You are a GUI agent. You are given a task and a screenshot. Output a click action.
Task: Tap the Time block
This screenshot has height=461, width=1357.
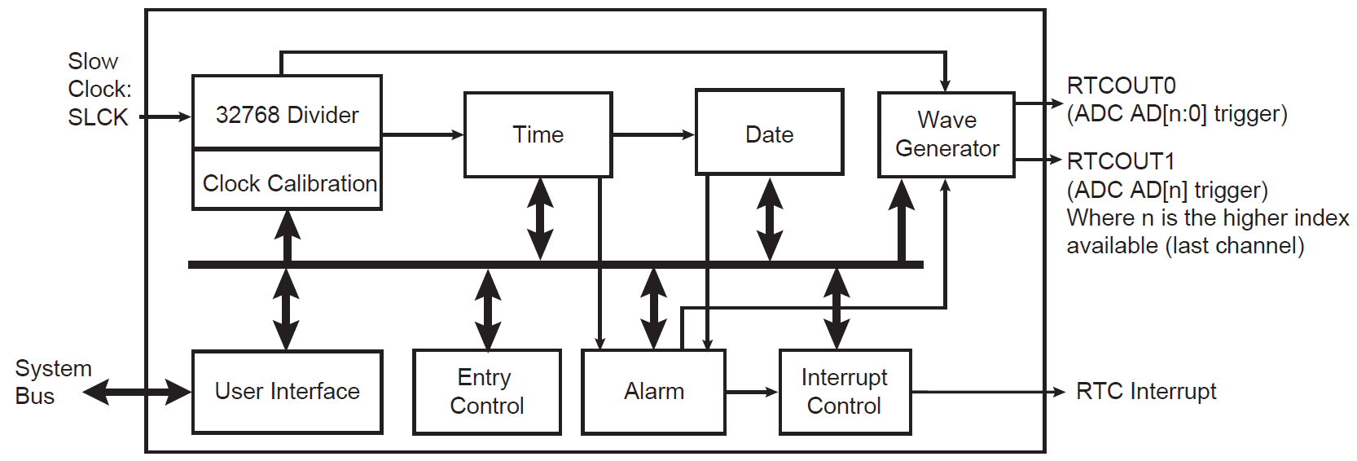pyautogui.click(x=538, y=134)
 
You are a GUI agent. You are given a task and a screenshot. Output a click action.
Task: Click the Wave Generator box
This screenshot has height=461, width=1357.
pyautogui.click(x=946, y=134)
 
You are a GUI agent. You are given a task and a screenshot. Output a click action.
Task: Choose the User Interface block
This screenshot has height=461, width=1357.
pyautogui.click(x=287, y=392)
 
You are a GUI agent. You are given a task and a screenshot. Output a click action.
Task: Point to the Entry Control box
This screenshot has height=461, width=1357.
pyautogui.click(x=486, y=392)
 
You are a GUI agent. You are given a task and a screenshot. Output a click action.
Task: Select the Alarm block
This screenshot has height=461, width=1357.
pyautogui.click(x=653, y=392)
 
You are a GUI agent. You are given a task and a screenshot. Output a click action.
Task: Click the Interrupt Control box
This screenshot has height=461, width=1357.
pyautogui.click(x=845, y=392)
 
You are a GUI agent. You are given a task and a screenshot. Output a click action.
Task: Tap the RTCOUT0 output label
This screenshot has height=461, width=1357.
pyautogui.click(x=1121, y=86)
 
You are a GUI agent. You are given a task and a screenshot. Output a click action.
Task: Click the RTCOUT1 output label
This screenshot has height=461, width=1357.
pyautogui.click(x=1121, y=161)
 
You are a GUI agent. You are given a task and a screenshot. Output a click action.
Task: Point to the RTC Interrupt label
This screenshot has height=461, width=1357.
pyautogui.click(x=1145, y=392)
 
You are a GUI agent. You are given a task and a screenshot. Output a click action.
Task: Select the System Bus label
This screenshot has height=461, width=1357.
pyautogui.click(x=52, y=382)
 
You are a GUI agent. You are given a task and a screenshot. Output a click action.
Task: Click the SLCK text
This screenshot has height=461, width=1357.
pyautogui.click(x=98, y=117)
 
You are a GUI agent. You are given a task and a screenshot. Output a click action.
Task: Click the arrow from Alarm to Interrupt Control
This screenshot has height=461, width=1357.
pyautogui.click(x=752, y=392)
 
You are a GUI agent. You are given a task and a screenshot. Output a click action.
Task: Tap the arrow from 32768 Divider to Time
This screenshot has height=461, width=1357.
pyautogui.click(x=423, y=134)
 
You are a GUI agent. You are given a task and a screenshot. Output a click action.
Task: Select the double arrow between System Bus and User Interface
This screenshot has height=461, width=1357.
pyautogui.click(x=138, y=392)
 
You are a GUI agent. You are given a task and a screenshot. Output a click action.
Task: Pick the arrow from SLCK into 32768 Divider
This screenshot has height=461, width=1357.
pyautogui.click(x=166, y=117)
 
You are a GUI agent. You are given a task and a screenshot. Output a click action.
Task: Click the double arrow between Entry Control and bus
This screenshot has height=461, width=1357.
pyautogui.click(x=487, y=310)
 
